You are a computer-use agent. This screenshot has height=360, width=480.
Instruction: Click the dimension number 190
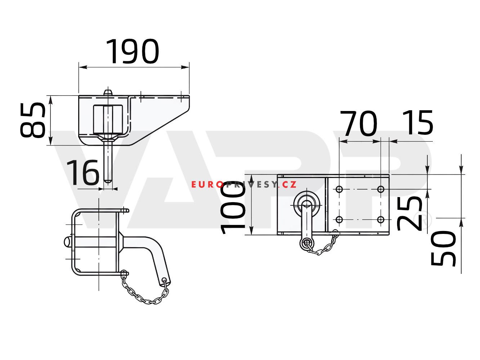click(132, 52)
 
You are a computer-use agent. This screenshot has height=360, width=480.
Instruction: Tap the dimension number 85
click(33, 120)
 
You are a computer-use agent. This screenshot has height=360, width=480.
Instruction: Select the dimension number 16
click(83, 172)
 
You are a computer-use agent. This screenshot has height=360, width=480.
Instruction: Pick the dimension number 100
click(233, 208)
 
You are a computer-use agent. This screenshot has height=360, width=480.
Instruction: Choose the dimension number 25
click(409, 214)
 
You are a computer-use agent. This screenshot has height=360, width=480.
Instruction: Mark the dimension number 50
click(443, 248)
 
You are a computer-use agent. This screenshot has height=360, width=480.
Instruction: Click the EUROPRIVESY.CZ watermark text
click(244, 185)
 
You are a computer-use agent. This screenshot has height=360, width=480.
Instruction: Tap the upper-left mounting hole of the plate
click(339, 189)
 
